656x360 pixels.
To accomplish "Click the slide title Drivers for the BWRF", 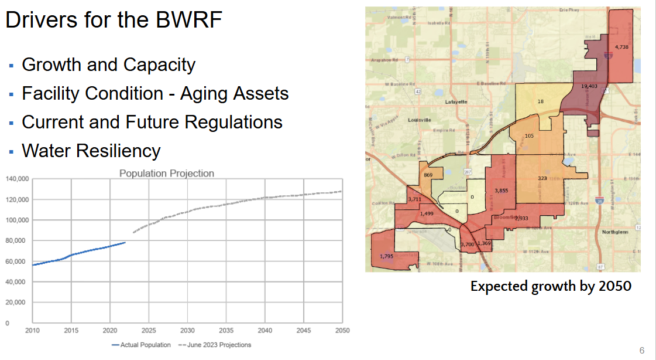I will [x=114, y=21].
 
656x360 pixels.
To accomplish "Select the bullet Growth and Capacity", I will [x=108, y=64].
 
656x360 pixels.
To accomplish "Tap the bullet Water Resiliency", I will [x=91, y=151].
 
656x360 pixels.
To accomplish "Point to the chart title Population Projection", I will [x=167, y=174].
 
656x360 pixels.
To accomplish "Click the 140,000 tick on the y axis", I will [x=17, y=179].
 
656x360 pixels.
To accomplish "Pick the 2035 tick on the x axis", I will [x=226, y=330].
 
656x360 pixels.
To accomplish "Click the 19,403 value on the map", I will [x=589, y=86].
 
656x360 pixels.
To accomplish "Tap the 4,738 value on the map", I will [x=621, y=47].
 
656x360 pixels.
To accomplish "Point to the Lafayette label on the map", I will [x=456, y=101].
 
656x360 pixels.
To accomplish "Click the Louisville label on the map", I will [x=420, y=120].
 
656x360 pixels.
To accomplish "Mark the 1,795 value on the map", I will [x=386, y=256].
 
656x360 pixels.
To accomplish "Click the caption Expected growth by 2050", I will [x=551, y=287].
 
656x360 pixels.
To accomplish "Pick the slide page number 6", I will [x=641, y=351].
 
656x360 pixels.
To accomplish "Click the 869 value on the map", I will [x=428, y=175].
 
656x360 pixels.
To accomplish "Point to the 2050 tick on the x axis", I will [x=342, y=330].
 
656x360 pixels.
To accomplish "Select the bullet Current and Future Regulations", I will [x=152, y=122].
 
